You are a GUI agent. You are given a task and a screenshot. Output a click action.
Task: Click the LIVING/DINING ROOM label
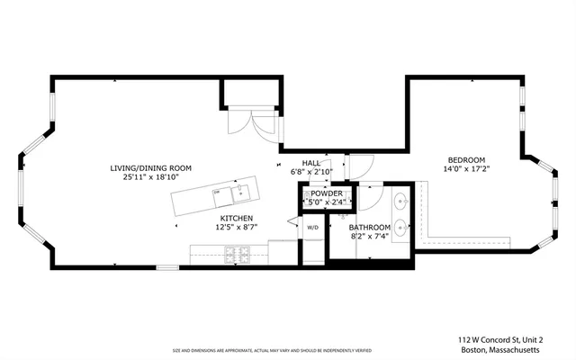click(x=151, y=168)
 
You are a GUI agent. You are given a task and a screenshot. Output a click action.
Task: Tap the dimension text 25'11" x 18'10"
click(x=151, y=177)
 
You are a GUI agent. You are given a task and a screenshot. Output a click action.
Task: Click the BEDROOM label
click(x=465, y=159)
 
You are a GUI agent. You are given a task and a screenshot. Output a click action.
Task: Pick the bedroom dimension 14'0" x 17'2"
click(x=465, y=168)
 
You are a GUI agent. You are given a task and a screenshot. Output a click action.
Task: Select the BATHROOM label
click(x=370, y=227)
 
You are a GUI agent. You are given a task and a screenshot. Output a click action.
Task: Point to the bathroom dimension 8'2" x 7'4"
click(x=370, y=236)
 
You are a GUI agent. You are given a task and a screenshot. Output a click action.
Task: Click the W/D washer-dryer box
click(x=312, y=228)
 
